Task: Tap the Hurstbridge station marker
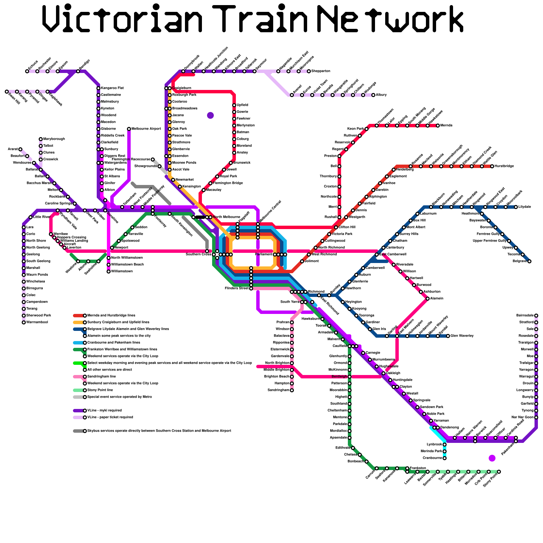(x=492, y=166)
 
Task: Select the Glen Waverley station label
(x=462, y=336)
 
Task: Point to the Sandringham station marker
(x=292, y=390)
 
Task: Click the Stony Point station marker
(x=499, y=472)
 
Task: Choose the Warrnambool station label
(x=37, y=322)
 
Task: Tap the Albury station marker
(x=373, y=95)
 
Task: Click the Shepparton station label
(x=321, y=71)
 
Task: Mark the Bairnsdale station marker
(x=536, y=316)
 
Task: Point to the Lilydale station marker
(x=516, y=207)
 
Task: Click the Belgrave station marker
(x=529, y=261)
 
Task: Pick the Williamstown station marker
(x=109, y=271)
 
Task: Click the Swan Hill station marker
(x=7, y=92)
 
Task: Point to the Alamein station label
(x=436, y=299)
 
